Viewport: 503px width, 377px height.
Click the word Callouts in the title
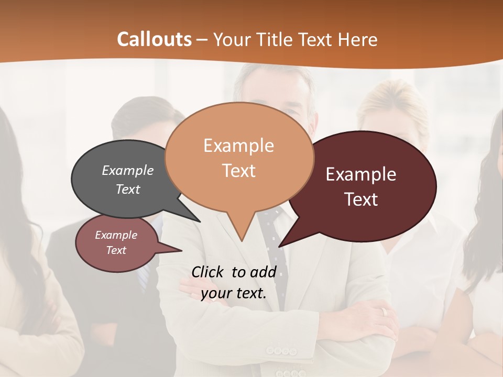pyautogui.click(x=154, y=39)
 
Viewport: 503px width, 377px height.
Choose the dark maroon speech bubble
pyautogui.click(x=367, y=186)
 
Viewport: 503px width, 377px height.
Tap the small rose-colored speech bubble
pyautogui.click(x=116, y=243)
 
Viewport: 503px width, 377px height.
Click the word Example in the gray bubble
pyautogui.click(x=128, y=171)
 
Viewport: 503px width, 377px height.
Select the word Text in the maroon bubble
pyautogui.click(x=361, y=199)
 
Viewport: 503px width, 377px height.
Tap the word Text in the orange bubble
pyautogui.click(x=238, y=171)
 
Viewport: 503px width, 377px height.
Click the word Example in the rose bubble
pyautogui.click(x=116, y=236)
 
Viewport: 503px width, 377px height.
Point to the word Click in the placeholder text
pyautogui.click(x=208, y=272)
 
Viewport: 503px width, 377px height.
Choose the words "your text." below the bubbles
pyautogui.click(x=234, y=293)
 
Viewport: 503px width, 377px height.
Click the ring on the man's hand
pyautogui.click(x=384, y=312)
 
